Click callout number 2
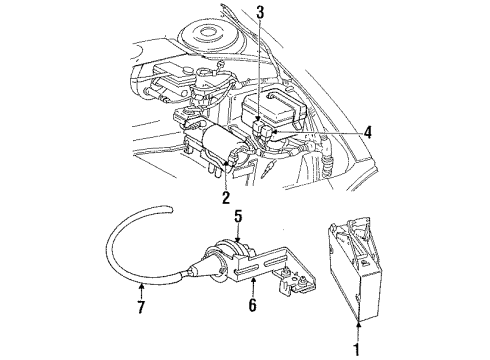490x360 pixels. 227,196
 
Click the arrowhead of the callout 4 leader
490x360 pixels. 276,131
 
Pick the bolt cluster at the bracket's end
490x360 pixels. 297,293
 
